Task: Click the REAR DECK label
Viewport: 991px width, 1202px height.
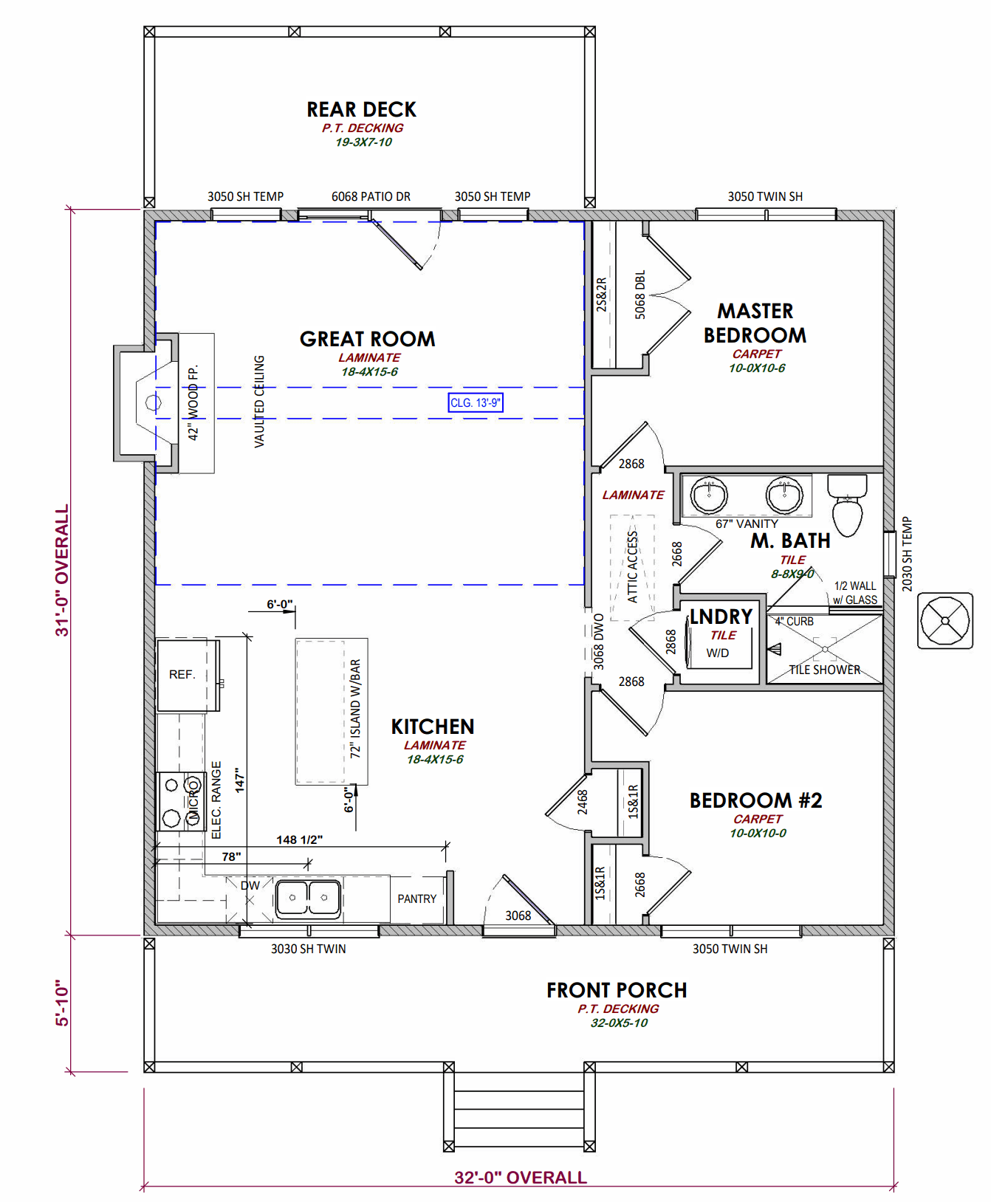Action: tap(361, 110)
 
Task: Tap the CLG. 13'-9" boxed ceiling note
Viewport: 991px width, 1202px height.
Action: tap(476, 402)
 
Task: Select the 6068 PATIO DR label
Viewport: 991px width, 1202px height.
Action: tap(371, 196)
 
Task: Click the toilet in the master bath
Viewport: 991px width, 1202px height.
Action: tap(847, 505)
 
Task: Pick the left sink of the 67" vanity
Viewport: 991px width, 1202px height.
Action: tap(709, 494)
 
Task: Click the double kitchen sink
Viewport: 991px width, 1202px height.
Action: tap(308, 898)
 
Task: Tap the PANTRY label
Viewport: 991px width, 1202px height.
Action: tap(416, 899)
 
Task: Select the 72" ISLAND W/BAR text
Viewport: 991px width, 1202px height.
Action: tap(356, 709)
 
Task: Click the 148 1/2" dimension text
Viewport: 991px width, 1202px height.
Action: tap(299, 839)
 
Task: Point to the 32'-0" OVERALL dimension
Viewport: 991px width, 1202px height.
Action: tap(520, 1178)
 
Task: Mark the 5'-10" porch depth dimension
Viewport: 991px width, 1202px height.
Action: tap(63, 1003)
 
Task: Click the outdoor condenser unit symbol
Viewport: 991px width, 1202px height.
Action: tap(944, 621)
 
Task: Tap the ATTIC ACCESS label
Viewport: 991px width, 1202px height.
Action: tap(633, 566)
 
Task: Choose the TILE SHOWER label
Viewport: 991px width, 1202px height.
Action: tap(824, 670)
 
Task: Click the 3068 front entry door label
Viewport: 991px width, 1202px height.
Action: tap(518, 916)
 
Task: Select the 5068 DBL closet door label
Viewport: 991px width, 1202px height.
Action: tap(640, 295)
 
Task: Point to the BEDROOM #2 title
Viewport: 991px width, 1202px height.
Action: tap(755, 800)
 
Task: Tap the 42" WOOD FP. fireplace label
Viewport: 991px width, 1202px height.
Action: tap(193, 403)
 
